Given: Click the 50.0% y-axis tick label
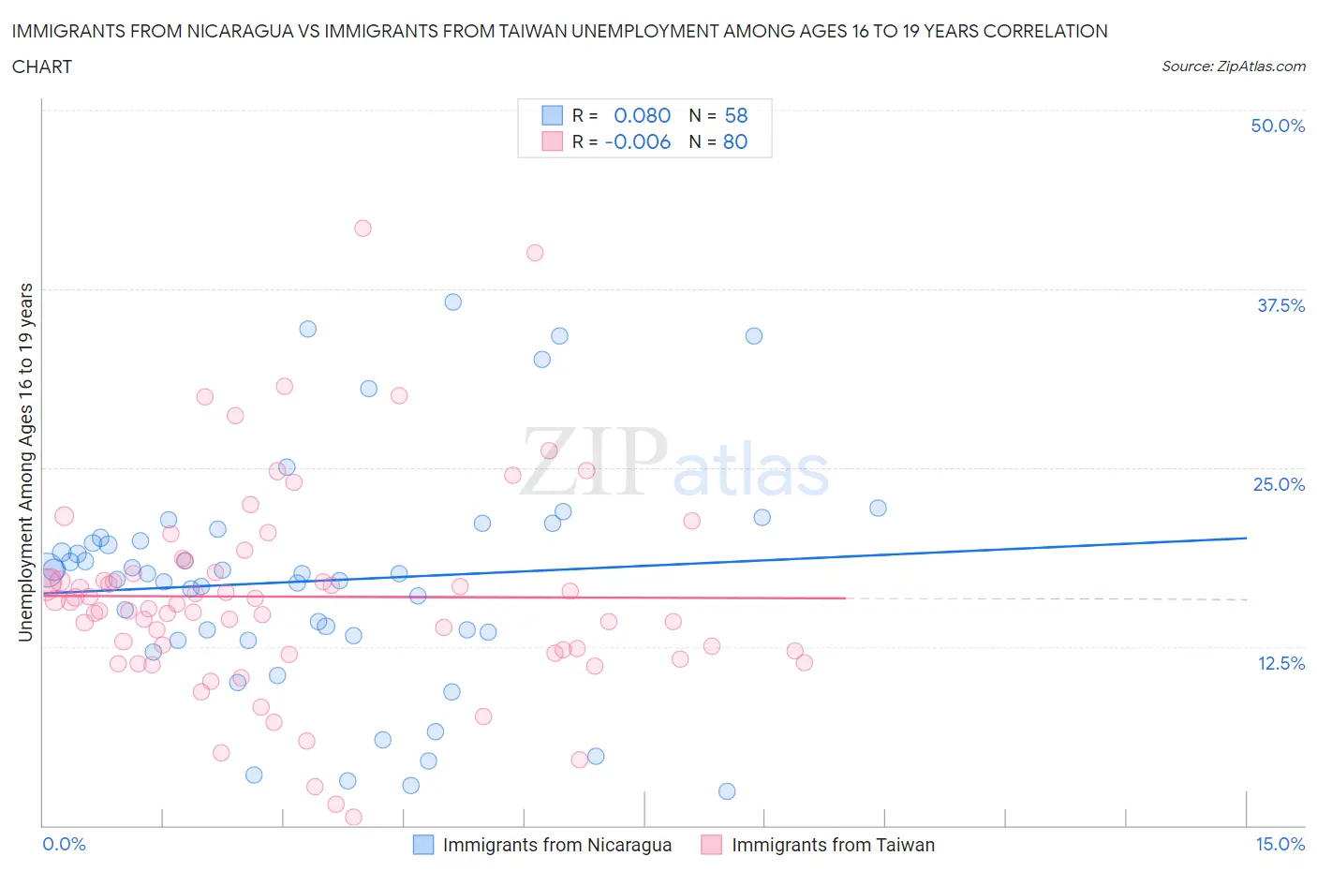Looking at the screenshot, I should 1277,125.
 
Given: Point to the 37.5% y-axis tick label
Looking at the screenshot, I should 1280,305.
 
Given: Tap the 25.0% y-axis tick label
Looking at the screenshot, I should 1279,484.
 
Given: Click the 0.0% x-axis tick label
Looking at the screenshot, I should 64,844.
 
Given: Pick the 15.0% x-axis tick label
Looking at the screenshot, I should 1280,844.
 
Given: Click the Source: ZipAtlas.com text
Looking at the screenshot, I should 1233,66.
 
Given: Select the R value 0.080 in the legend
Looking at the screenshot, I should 642,115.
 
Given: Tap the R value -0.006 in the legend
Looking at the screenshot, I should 637,141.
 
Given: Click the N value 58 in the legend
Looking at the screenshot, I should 735,115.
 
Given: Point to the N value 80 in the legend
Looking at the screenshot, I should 735,141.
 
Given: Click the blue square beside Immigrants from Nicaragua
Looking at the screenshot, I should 423,845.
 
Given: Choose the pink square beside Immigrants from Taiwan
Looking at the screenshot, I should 712,845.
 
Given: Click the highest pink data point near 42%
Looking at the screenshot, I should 363,229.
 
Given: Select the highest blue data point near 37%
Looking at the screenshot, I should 452,302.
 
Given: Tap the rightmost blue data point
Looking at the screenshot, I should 878,508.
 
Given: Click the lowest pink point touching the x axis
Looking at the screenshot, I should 353,817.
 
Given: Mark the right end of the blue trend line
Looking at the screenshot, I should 1246,538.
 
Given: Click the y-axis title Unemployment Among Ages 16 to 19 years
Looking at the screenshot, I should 25,462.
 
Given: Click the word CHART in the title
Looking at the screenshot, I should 42,66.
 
